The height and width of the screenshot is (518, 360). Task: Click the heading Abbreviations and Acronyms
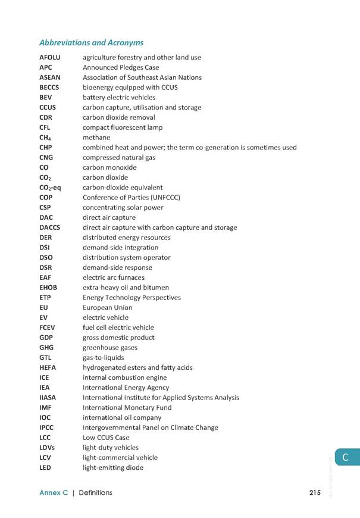(x=91, y=43)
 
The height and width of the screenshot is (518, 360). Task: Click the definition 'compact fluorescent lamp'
(x=123, y=127)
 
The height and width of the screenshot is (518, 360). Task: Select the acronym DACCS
(x=51, y=227)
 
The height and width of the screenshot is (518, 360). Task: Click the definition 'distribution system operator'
(x=127, y=258)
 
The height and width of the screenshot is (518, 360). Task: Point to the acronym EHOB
(x=49, y=288)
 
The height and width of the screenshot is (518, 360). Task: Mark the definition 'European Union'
(x=108, y=308)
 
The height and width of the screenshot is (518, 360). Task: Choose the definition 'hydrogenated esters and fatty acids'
(x=137, y=367)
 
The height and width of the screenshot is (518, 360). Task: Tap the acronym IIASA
(x=48, y=398)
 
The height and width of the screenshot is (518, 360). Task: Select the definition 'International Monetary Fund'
(x=127, y=407)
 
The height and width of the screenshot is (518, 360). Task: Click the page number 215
(x=315, y=493)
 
